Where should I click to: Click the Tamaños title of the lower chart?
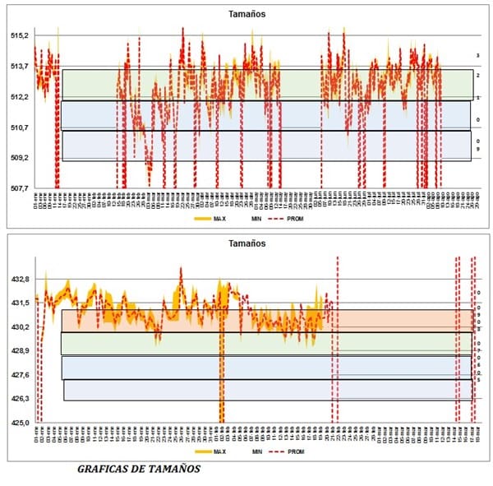pyautogui.click(x=246, y=244)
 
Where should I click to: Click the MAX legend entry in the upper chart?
pyautogui.click(x=219, y=220)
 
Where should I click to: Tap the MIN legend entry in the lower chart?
pyautogui.click(x=257, y=452)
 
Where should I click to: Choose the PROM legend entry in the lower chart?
pyautogui.click(x=310, y=452)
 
